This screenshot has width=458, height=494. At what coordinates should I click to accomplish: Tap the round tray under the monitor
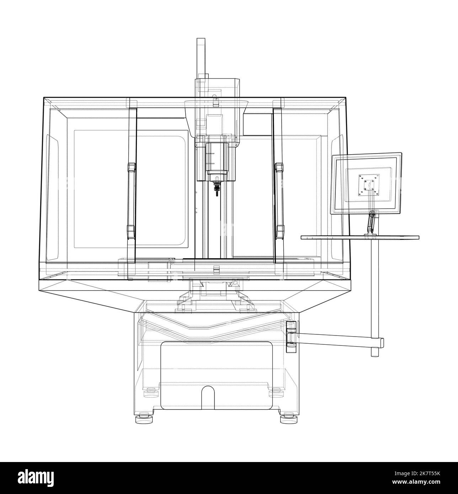coord(360,237)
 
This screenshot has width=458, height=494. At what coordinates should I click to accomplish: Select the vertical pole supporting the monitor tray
coord(374,291)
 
